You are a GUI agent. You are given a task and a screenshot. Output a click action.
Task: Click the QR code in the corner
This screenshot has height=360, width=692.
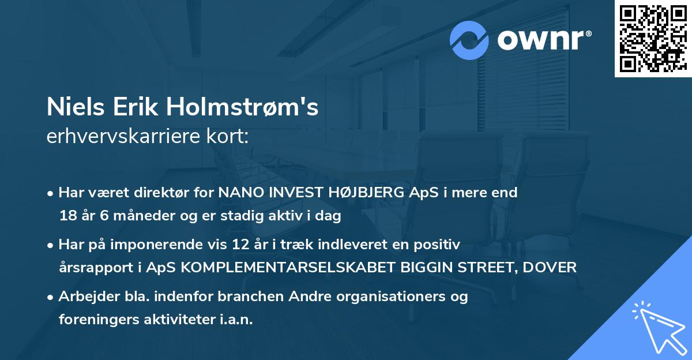click(x=653, y=39)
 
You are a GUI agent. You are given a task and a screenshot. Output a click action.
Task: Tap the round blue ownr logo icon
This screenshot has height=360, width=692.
click(x=469, y=40)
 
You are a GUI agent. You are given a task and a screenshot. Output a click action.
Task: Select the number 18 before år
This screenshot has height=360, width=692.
click(x=67, y=216)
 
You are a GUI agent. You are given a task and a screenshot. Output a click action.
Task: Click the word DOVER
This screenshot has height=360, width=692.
click(x=555, y=268)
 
